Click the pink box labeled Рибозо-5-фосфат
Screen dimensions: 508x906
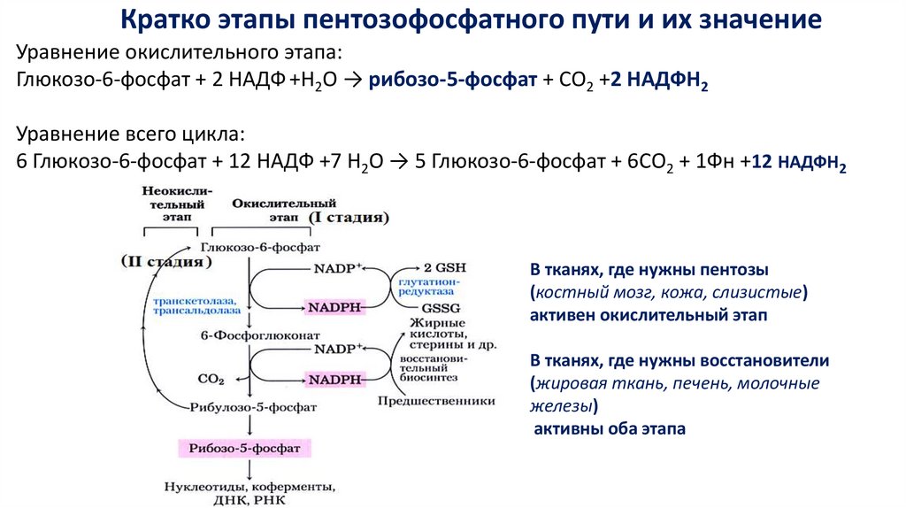[242, 449]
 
